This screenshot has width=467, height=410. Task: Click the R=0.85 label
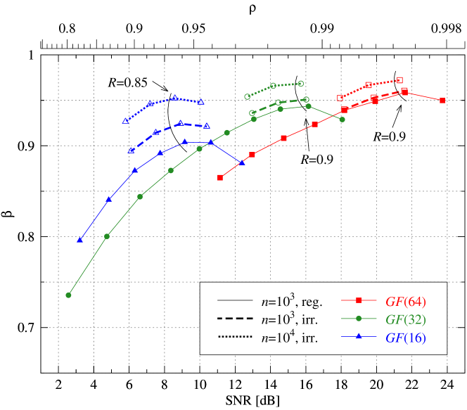click(127, 82)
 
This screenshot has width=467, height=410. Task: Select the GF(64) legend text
click(405, 302)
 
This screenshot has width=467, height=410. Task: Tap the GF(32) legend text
click(405, 319)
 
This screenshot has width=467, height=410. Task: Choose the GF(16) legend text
click(405, 338)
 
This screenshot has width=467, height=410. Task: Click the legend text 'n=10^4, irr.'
click(289, 337)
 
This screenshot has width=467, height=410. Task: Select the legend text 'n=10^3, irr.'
click(289, 319)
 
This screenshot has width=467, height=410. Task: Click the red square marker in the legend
click(359, 301)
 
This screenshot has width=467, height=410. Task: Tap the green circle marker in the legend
click(359, 319)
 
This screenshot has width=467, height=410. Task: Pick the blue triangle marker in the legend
click(359, 338)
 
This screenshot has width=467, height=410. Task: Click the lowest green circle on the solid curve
click(69, 295)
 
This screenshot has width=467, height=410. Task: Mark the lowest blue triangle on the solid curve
click(79, 241)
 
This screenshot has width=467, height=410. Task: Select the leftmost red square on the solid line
click(220, 177)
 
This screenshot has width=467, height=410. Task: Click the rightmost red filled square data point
click(442, 101)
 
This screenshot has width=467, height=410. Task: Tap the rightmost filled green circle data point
click(342, 120)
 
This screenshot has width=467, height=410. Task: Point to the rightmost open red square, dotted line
click(400, 80)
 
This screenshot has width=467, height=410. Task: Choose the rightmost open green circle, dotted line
click(301, 84)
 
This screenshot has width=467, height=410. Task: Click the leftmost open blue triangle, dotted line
click(125, 121)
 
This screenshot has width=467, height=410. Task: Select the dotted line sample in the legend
click(235, 338)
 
